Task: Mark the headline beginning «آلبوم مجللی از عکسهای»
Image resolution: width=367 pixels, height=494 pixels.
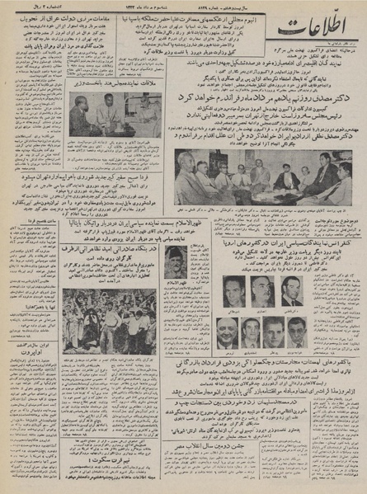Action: tap(206, 13)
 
